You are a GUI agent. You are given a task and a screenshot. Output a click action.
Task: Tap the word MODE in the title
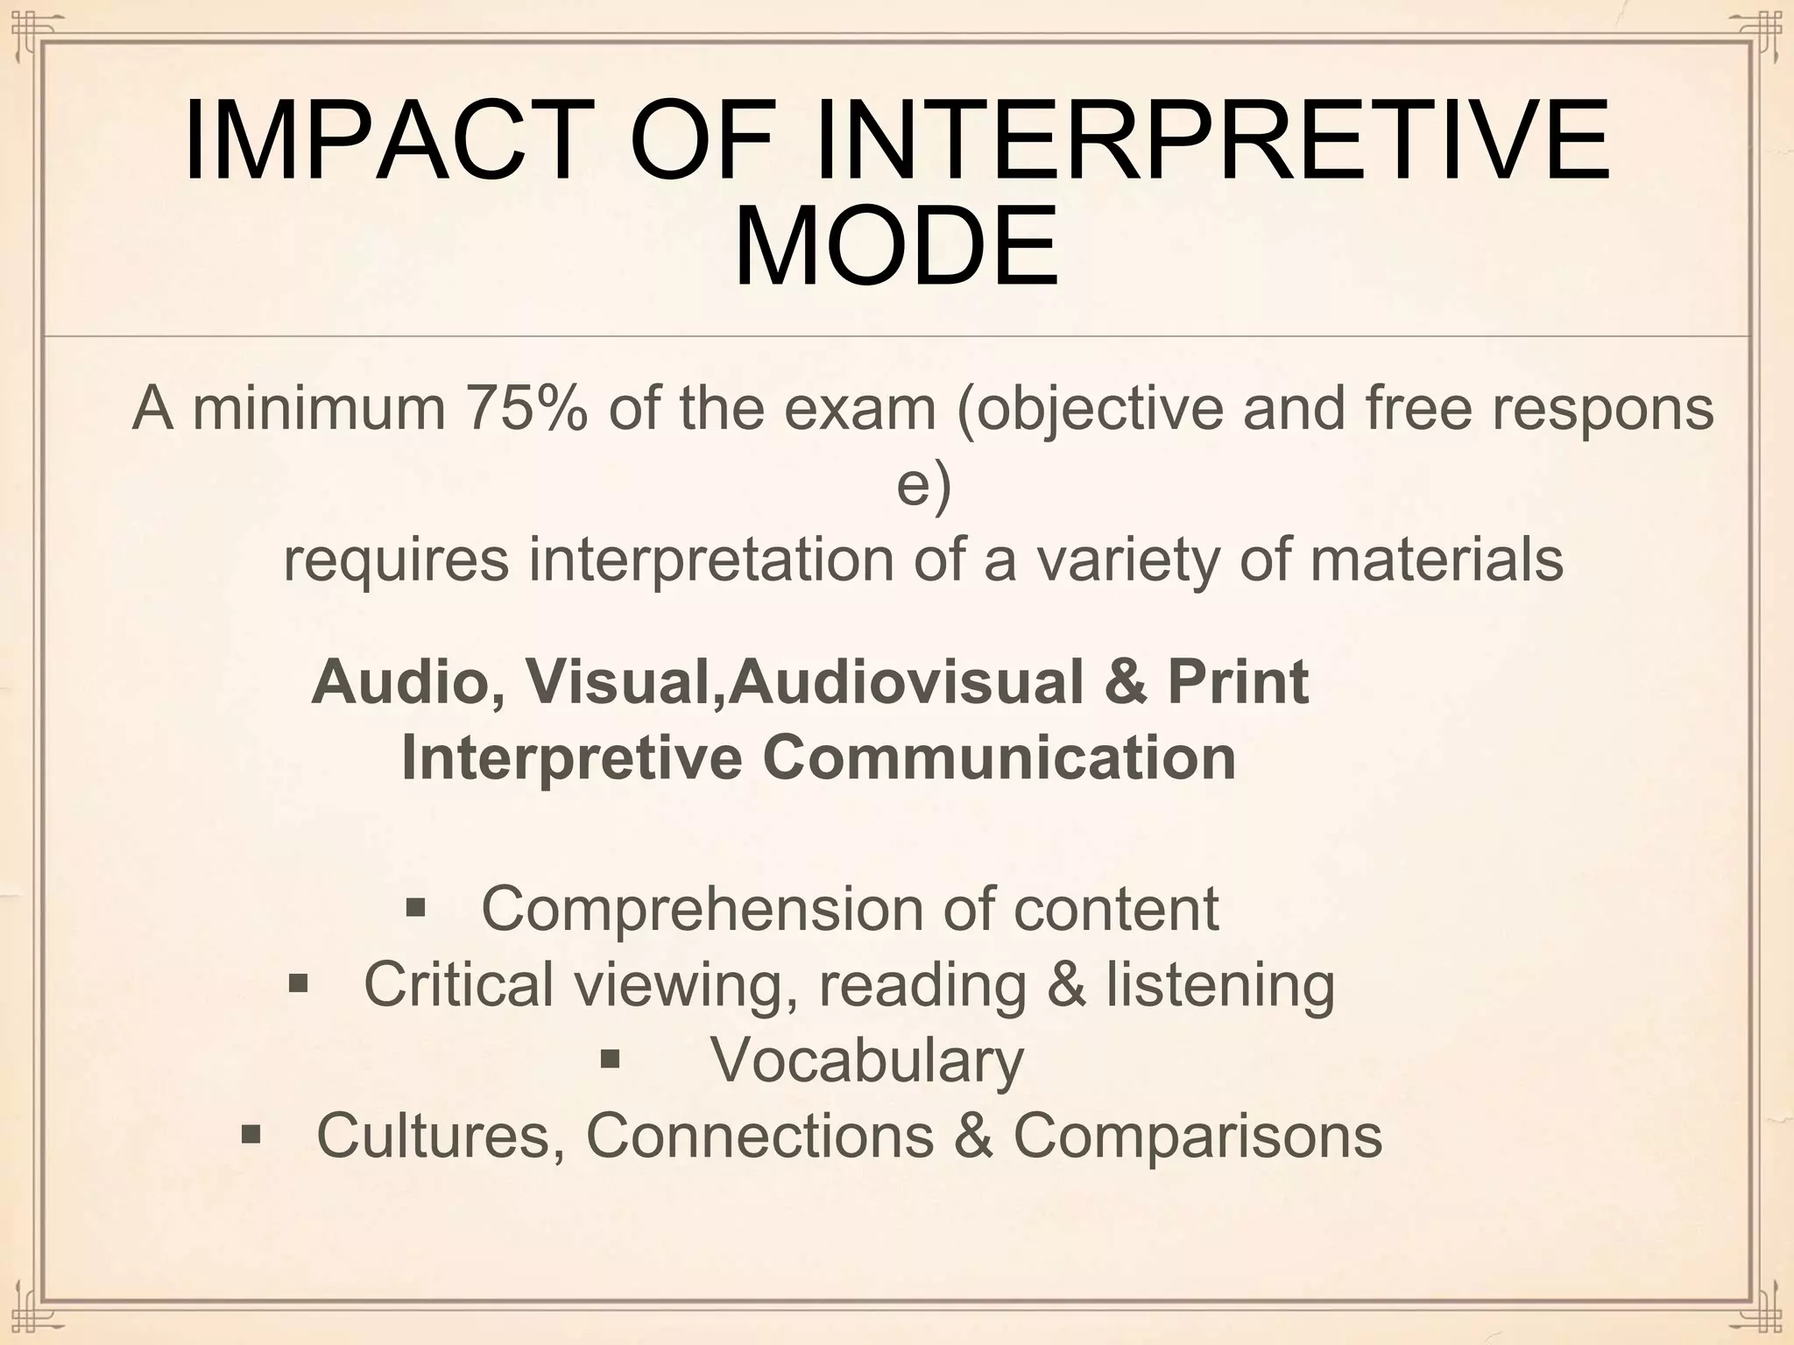pyautogui.click(x=895, y=247)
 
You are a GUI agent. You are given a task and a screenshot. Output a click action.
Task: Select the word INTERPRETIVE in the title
pyautogui.click(x=1212, y=140)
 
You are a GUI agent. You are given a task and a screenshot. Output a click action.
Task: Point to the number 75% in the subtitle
pyautogui.click(x=526, y=408)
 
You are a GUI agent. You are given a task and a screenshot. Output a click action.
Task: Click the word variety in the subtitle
pyautogui.click(x=1127, y=560)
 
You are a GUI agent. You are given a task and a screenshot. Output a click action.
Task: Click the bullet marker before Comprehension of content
pyautogui.click(x=415, y=907)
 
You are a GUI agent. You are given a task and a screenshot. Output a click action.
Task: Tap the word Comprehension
pyautogui.click(x=701, y=909)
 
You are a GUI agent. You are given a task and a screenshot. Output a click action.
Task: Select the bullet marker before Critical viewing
pyautogui.click(x=298, y=983)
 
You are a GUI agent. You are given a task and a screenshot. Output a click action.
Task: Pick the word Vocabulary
pyautogui.click(x=866, y=1060)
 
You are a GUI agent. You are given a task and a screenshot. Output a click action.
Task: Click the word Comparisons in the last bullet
pyautogui.click(x=1197, y=1136)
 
